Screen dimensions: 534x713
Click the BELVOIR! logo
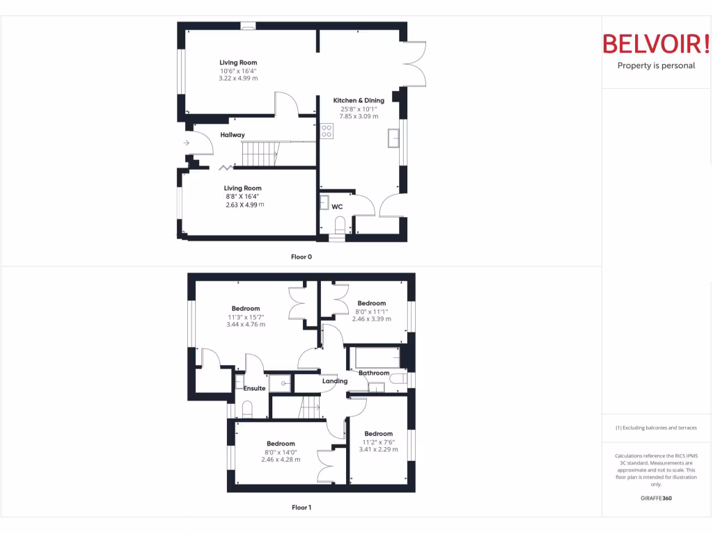[656, 44]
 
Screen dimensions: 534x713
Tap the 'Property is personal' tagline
[656, 66]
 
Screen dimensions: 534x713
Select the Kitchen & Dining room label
[359, 100]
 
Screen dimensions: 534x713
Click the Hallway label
[233, 135]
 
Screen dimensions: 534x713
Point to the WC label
[337, 207]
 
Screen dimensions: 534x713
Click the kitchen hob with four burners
[326, 131]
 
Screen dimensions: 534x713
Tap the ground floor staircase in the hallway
[259, 153]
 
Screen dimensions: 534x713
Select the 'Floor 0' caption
[301, 257]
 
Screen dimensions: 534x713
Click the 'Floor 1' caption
[301, 508]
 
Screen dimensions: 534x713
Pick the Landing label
[334, 381]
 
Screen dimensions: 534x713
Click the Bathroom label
[374, 373]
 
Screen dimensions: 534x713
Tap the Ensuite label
[254, 388]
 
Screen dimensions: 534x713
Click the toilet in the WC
[340, 224]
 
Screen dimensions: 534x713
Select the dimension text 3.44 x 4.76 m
[246, 324]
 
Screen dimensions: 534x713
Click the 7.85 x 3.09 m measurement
[359, 116]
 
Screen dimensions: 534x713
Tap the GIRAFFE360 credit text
[656, 498]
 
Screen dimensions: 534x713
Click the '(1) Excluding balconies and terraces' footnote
[656, 428]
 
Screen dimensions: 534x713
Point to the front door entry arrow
[187, 143]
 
